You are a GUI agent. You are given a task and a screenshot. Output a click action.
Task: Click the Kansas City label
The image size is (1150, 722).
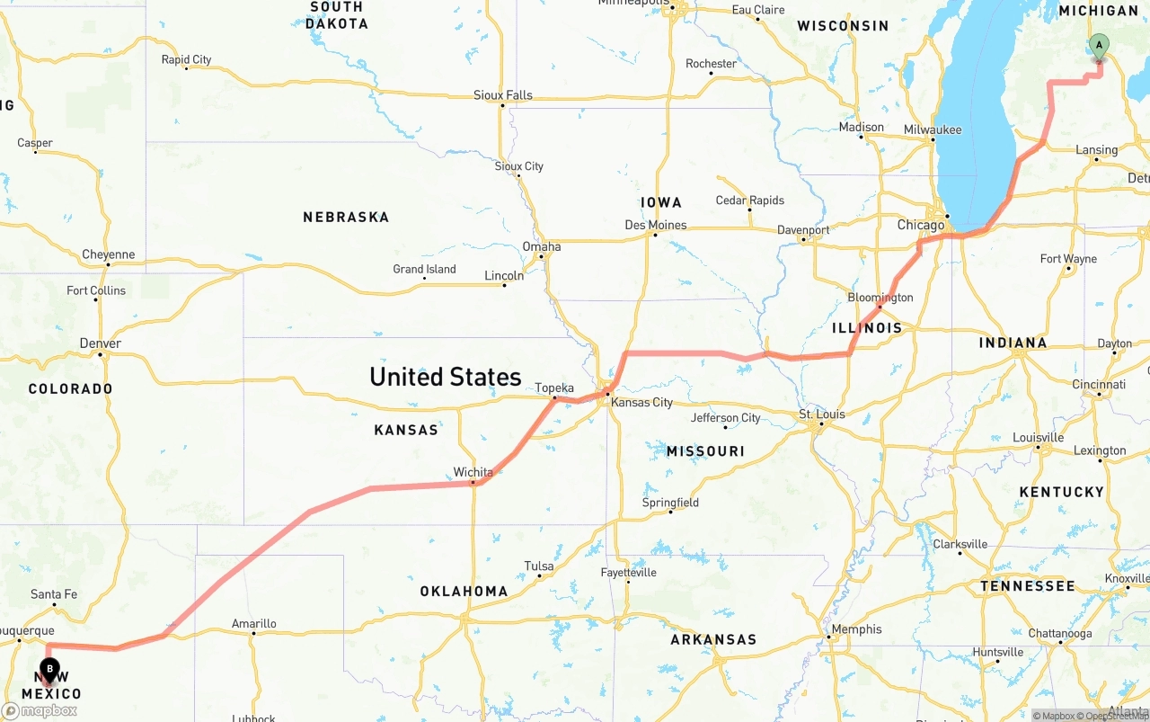tap(641, 402)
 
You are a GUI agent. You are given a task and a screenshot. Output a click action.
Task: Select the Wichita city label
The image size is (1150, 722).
tap(473, 472)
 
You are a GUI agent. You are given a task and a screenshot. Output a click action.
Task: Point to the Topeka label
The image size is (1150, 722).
tap(554, 388)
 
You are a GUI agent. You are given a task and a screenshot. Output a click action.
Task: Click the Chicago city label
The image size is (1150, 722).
tap(921, 225)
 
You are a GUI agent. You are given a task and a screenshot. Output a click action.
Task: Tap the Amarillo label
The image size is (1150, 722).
tap(254, 623)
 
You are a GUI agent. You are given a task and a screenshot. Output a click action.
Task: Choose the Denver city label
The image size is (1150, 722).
tap(100, 343)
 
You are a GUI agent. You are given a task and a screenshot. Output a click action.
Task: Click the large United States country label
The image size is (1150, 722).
tap(445, 377)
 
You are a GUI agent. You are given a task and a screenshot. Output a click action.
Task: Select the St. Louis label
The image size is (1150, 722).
tap(822, 414)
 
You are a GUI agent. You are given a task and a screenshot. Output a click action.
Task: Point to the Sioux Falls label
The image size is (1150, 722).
tap(503, 95)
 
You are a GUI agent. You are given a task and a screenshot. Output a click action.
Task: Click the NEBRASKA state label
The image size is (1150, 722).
tap(346, 217)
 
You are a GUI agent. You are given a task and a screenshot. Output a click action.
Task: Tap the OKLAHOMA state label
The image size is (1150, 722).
tap(464, 592)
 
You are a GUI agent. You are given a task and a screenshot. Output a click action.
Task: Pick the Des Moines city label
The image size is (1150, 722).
tap(656, 225)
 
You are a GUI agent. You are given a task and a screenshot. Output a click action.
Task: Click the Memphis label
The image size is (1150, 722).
tap(857, 629)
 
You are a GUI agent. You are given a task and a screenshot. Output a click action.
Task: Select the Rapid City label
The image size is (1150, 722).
tap(186, 60)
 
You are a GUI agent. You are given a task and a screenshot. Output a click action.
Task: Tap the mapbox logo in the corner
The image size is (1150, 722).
tap(40, 710)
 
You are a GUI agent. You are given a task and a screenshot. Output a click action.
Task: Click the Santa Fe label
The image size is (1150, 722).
tap(54, 594)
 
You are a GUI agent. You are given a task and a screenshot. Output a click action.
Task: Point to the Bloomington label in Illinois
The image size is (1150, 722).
tap(880, 298)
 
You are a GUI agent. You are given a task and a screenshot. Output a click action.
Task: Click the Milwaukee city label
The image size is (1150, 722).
tap(933, 130)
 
